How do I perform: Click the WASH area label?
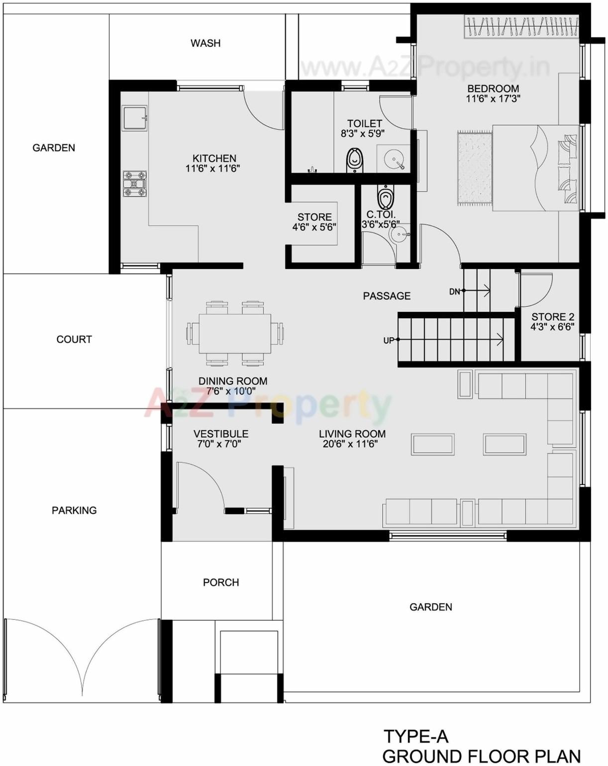tap(205, 43)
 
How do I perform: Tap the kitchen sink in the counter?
tap(134, 118)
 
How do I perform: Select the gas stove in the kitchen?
tap(135, 184)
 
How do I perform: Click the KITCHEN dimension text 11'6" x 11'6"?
tap(212, 169)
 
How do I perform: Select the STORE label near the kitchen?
tap(314, 217)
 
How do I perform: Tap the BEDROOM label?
tap(493, 89)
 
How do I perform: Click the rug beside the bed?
tap(474, 168)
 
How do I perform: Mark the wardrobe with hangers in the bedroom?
tap(521, 27)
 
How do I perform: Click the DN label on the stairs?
tap(454, 291)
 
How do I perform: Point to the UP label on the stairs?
tap(389, 341)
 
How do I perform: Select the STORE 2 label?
tap(552, 317)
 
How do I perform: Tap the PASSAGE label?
tap(387, 296)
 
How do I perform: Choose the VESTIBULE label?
tap(221, 434)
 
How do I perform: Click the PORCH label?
tap(221, 582)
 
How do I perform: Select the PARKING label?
tap(74, 510)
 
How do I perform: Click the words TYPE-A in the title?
tap(416, 736)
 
